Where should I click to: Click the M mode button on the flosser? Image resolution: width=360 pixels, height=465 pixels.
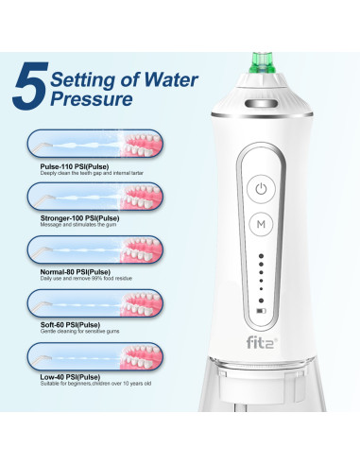click(x=261, y=225)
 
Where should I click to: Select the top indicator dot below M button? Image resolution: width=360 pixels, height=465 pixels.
click(x=262, y=255)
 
